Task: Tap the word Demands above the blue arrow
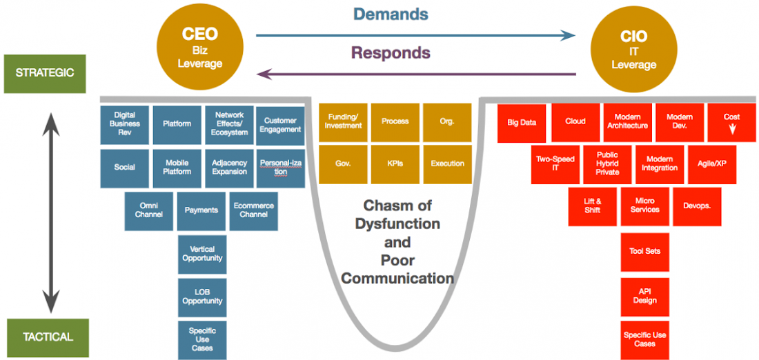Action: point(391,14)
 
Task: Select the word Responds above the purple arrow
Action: point(391,52)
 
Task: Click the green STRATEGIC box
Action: point(44,72)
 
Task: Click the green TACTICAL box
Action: point(48,337)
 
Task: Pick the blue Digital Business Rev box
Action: point(124,124)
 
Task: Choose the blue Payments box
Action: point(201,210)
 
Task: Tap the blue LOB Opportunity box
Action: point(202,297)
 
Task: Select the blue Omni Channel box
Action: point(149,210)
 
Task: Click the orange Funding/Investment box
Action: point(344,121)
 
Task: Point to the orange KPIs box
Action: point(395,164)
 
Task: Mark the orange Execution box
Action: point(447,164)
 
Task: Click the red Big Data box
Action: point(522,122)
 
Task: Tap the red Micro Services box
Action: point(644,206)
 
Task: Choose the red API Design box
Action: point(644,296)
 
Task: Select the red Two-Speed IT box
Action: point(555,164)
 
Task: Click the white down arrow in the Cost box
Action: point(732,128)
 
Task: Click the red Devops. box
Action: point(697,206)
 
